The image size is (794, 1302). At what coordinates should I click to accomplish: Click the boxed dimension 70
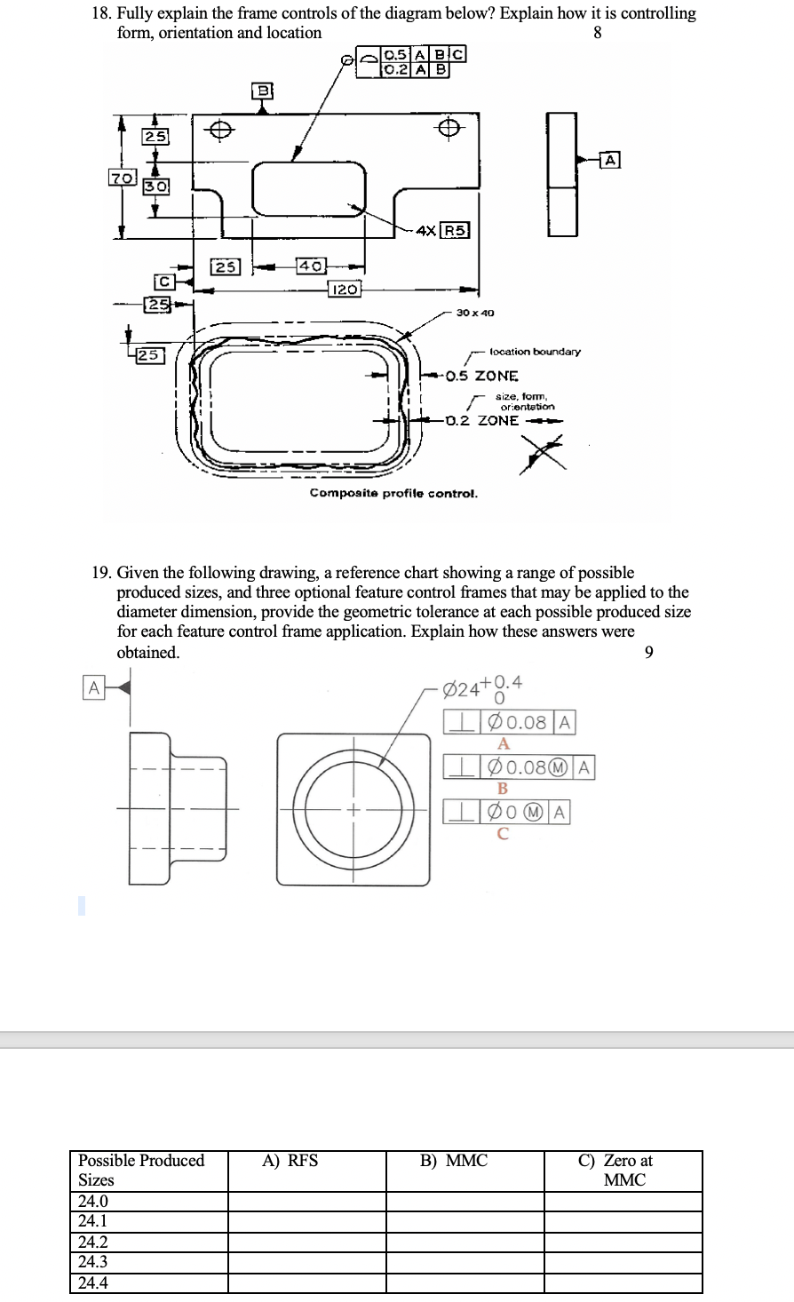click(x=121, y=178)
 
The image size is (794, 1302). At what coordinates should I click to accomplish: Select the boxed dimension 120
click(x=344, y=289)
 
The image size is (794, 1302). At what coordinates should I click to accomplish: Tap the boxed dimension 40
click(x=311, y=266)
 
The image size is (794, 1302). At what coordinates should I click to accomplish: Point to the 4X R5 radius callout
click(x=442, y=231)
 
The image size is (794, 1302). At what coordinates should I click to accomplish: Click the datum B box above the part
click(x=263, y=91)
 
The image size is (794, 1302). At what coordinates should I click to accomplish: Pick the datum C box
click(x=163, y=282)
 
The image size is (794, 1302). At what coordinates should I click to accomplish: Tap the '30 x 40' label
click(x=475, y=313)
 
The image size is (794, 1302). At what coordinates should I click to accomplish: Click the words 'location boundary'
click(x=535, y=352)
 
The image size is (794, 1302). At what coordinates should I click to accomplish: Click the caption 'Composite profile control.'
click(x=393, y=493)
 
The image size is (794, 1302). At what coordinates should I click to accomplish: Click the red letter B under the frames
click(x=503, y=788)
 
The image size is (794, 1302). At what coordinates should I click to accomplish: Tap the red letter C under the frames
click(x=503, y=833)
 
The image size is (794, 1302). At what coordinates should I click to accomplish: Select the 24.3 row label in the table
click(x=93, y=1262)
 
